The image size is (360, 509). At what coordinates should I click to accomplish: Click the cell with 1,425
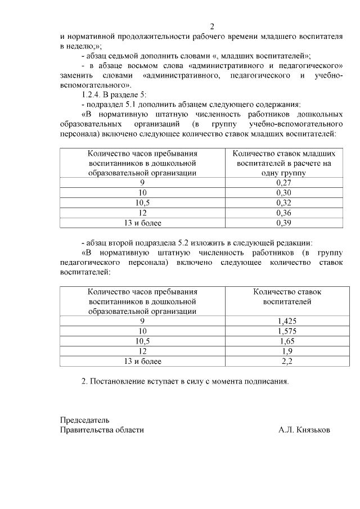pos(287,321)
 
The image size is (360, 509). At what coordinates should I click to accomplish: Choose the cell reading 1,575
pos(287,331)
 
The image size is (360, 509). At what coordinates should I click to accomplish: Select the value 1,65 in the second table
pos(287,341)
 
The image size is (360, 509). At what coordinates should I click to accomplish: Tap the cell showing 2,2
pos(287,361)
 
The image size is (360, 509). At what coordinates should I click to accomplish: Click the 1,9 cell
pos(287,351)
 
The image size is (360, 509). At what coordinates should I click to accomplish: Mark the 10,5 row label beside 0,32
pos(143,202)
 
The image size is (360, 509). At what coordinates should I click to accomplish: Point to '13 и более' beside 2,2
pos(143,361)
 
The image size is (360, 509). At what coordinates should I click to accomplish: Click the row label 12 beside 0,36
pos(143,213)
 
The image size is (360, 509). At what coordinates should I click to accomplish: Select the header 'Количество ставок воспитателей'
pos(287,296)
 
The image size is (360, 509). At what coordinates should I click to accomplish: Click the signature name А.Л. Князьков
pos(304,430)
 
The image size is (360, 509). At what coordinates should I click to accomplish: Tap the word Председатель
pos(84,420)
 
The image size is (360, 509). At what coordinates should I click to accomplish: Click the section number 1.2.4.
pos(92,94)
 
